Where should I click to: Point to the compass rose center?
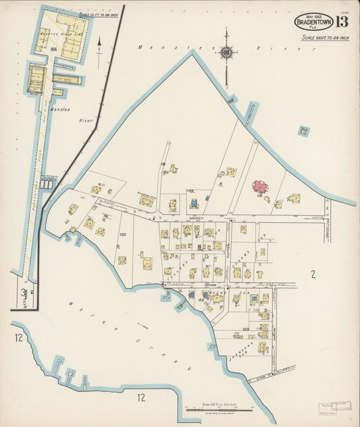coord(227,52)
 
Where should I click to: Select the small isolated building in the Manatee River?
coord(304,130)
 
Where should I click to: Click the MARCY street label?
coord(197,219)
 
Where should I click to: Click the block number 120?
coord(122,234)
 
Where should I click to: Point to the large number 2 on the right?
coord(313,274)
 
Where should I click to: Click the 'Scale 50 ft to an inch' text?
coord(99,14)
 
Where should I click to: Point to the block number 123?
coord(246,329)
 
